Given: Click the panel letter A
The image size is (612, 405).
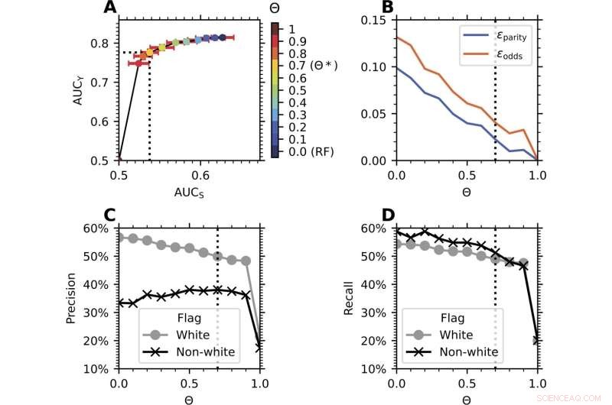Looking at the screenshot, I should (x=112, y=9).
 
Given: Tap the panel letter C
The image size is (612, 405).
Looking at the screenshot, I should (x=112, y=216).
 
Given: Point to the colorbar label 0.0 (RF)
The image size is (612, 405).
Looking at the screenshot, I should (x=308, y=151).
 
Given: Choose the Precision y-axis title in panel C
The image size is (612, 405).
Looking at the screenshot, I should (x=71, y=298).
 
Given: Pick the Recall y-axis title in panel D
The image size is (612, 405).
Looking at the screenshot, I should (x=351, y=298).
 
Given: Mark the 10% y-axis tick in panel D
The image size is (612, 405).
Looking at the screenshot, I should (x=376, y=368).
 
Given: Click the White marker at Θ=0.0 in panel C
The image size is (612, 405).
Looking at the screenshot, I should (x=119, y=237).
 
